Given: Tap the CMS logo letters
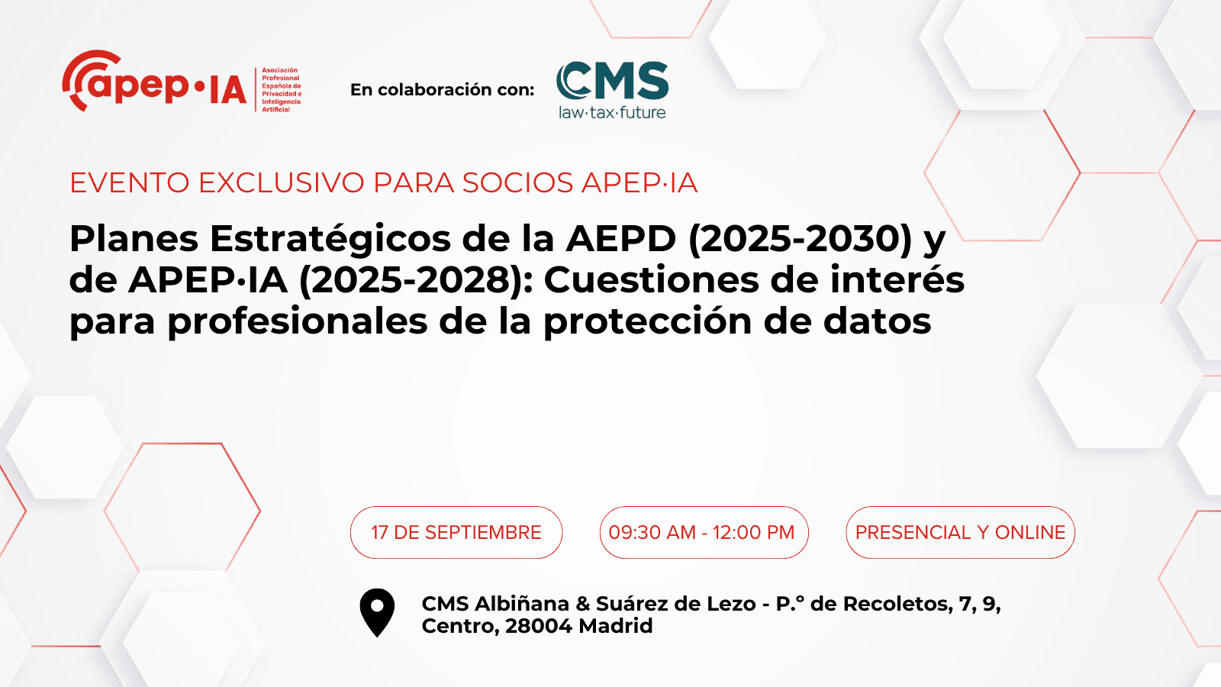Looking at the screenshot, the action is tap(612, 81).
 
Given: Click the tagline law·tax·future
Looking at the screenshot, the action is tap(612, 112).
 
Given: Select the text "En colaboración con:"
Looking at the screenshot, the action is tap(442, 90).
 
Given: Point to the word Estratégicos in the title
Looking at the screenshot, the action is tap(330, 239).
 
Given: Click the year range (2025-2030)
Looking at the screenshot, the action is tap(801, 239).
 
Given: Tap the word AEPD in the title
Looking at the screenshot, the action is tap(621, 239).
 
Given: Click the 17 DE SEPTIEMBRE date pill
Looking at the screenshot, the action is tap(456, 532).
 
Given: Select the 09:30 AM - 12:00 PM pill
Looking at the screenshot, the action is tap(704, 532).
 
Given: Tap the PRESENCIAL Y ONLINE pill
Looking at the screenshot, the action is tap(961, 532).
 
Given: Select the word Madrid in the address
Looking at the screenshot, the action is tap(615, 626).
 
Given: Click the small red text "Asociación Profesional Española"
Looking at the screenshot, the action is tap(282, 78).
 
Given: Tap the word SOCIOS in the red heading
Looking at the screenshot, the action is tap(518, 182).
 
